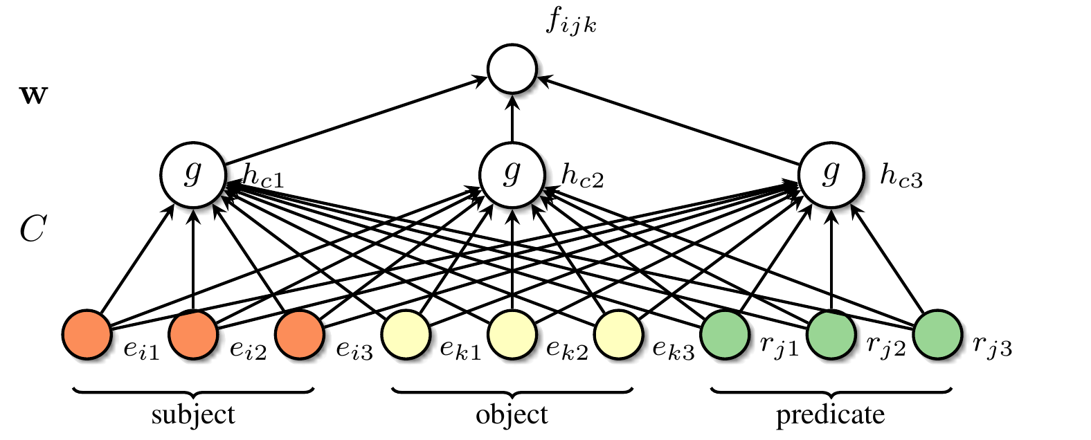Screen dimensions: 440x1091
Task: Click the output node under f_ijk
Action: (x=512, y=70)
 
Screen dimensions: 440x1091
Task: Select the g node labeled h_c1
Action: (x=193, y=173)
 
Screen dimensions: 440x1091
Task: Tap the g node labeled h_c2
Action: (x=512, y=173)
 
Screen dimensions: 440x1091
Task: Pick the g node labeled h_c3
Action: (x=831, y=173)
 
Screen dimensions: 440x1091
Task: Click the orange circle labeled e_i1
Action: (x=87, y=336)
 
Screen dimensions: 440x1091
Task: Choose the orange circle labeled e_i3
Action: (x=300, y=336)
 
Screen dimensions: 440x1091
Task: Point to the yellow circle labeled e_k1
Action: (x=406, y=336)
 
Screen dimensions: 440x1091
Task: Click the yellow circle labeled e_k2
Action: (x=512, y=336)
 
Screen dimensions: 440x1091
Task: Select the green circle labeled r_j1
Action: (x=725, y=336)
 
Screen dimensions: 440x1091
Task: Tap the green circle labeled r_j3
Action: (x=937, y=336)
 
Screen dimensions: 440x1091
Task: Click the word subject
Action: (x=193, y=415)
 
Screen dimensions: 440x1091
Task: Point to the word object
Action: (x=512, y=415)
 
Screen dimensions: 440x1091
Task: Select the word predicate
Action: (x=830, y=415)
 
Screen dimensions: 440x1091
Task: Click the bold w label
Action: (x=33, y=95)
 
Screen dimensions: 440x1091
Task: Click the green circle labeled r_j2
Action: (x=831, y=336)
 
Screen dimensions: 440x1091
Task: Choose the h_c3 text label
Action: (x=901, y=178)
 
